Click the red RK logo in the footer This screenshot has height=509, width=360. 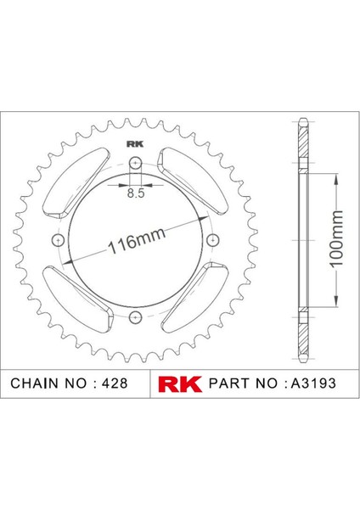tap(180, 383)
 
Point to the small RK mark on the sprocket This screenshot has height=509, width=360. tap(135, 143)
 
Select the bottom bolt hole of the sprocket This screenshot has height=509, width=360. tap(135, 317)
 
